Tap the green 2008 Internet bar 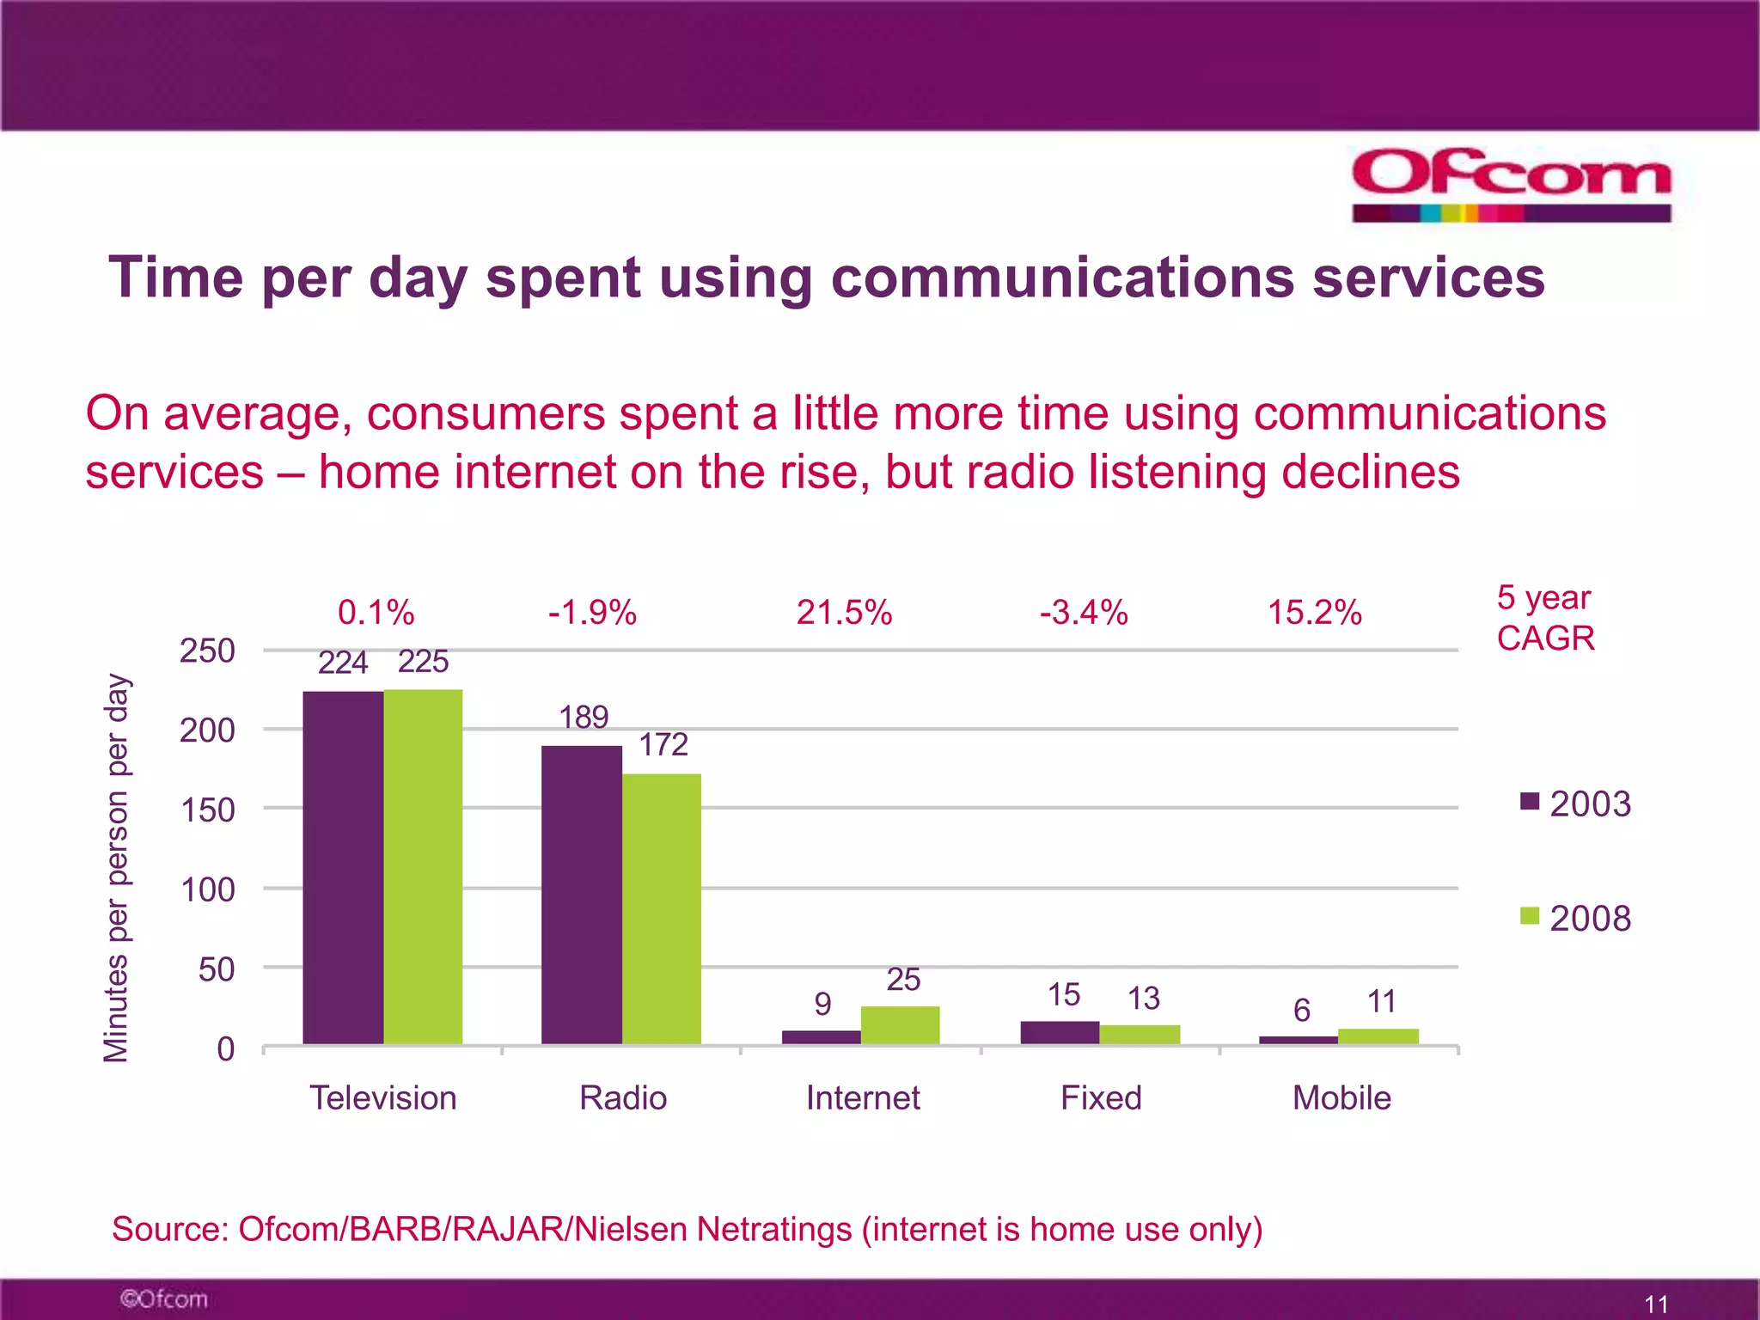tap(900, 1025)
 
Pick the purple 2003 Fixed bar tap(1060, 1032)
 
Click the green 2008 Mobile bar tap(1378, 1036)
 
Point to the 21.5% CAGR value tap(844, 613)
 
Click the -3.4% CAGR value tap(1083, 613)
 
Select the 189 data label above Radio tap(584, 717)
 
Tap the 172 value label tap(663, 744)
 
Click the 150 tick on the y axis tap(207, 810)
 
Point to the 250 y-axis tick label tap(207, 651)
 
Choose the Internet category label tap(863, 1097)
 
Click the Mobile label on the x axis tap(1341, 1097)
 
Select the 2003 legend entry tap(1575, 804)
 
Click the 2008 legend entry tap(1575, 918)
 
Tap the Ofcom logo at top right tap(1511, 184)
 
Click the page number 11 tap(1656, 1304)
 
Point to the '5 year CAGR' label tap(1545, 617)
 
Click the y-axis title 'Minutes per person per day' tap(116, 868)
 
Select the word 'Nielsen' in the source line tap(632, 1229)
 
